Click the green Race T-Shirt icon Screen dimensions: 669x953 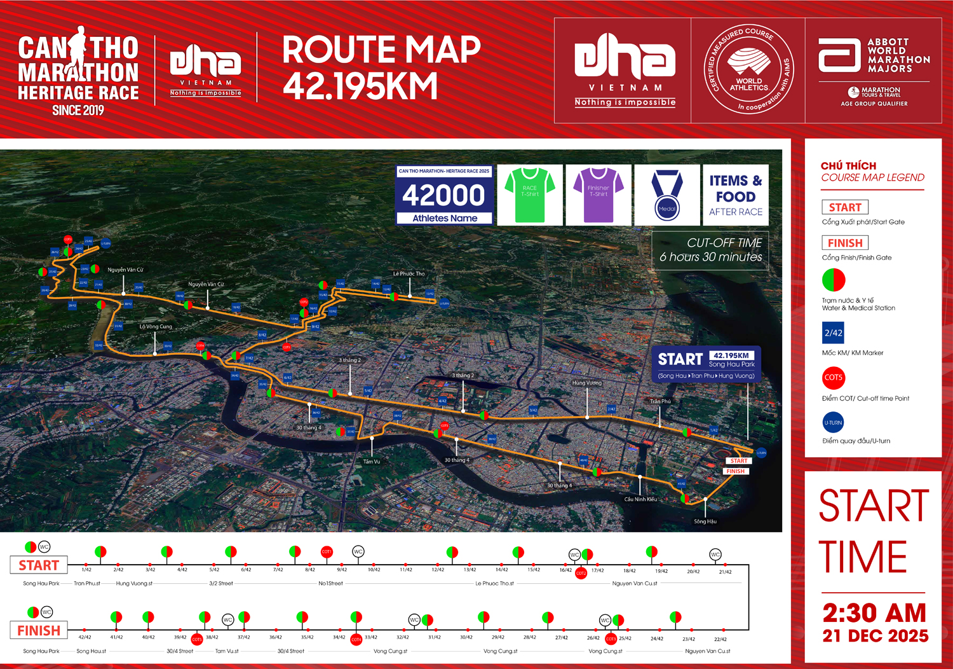530,195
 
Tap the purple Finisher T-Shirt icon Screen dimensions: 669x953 598,195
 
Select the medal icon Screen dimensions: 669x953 667,195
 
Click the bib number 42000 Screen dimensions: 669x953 444,195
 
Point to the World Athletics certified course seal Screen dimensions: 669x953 748,70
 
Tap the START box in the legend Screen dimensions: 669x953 844,207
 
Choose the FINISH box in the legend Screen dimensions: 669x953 844,243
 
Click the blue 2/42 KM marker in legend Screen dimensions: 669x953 833,333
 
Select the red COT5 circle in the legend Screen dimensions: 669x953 833,378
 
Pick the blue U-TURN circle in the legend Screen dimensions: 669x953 833,422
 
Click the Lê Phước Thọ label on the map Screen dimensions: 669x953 409,274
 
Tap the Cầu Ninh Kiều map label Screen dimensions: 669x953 640,499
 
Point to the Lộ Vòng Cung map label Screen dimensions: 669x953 156,327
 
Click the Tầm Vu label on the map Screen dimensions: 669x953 372,462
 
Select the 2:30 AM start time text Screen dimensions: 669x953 874,613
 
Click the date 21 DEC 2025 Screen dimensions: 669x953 875,636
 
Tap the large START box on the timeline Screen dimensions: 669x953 39,565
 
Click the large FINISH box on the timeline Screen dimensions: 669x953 39,631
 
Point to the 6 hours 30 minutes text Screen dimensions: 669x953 710,257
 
